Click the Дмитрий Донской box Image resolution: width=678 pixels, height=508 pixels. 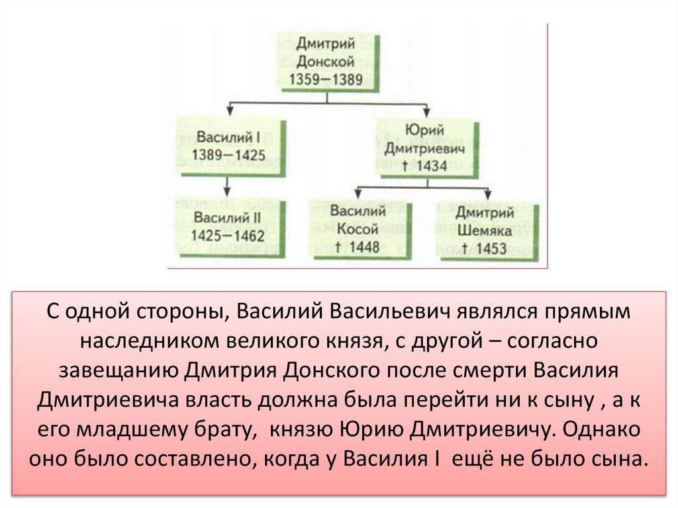point(325,60)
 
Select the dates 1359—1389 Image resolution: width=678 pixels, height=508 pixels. point(325,80)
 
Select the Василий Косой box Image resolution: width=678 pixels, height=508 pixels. point(358,229)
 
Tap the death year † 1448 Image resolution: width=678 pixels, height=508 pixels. point(357,247)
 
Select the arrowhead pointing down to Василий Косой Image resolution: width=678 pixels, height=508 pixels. point(358,193)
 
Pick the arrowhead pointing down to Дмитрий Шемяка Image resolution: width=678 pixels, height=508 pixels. point(488,193)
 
